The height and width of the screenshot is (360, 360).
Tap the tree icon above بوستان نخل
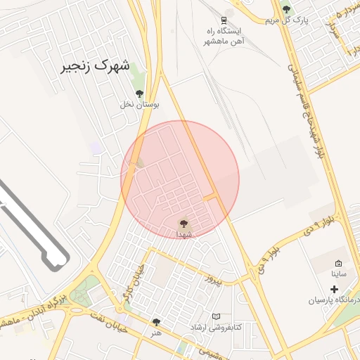[x=139, y=93]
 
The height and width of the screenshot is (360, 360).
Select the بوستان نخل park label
[x=139, y=104]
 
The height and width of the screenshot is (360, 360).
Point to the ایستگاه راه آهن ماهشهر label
[x=223, y=37]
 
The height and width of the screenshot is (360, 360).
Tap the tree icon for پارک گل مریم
[x=286, y=8]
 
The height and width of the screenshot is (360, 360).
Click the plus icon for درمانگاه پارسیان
[x=333, y=289]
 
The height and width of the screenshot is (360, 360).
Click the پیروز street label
[x=213, y=281]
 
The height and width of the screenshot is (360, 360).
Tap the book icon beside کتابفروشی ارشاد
[x=216, y=316]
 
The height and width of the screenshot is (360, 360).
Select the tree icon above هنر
[x=156, y=322]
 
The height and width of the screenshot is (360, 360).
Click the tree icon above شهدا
[x=184, y=221]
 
